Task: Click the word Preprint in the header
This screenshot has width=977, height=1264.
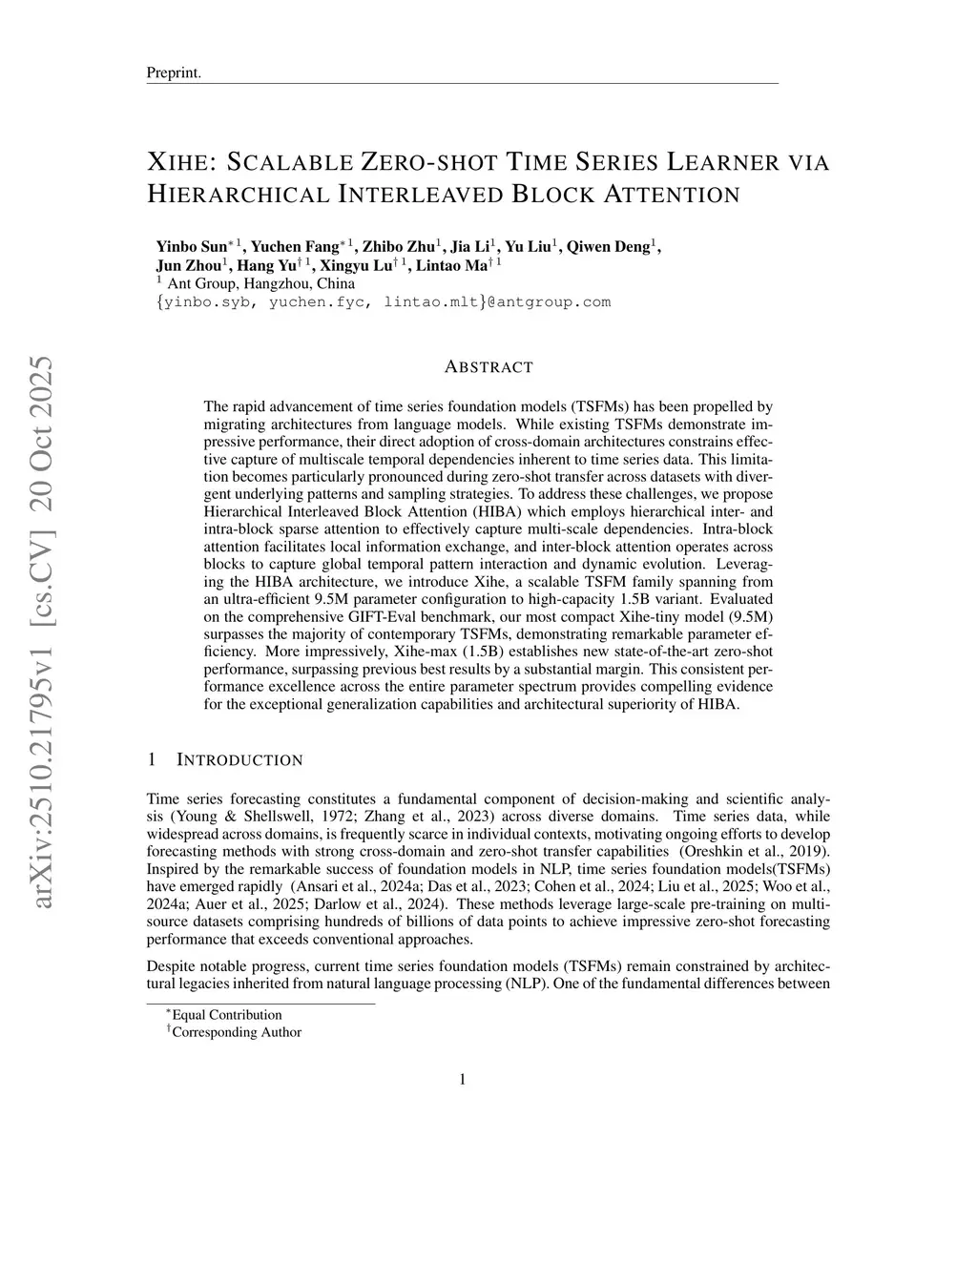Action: coord(173,73)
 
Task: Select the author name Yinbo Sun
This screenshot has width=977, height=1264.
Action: coord(191,247)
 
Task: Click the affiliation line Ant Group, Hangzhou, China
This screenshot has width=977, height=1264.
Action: coord(260,283)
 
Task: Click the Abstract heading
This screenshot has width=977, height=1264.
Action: coord(488,367)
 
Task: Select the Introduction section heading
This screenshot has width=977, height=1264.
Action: coord(239,760)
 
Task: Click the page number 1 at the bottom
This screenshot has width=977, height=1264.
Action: coord(463,1080)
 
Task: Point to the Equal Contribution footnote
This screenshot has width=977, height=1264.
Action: coord(227,1015)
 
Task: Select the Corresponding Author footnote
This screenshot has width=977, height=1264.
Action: coord(236,1032)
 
